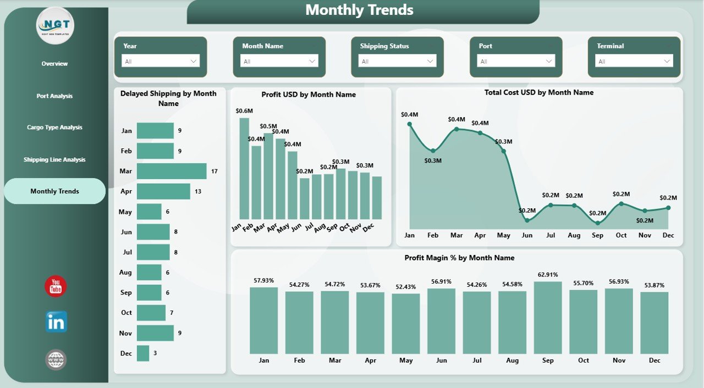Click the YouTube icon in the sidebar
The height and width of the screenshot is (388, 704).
pyautogui.click(x=56, y=286)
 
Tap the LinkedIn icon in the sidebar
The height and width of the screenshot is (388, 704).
pyautogui.click(x=56, y=322)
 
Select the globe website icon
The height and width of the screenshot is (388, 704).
pyautogui.click(x=56, y=360)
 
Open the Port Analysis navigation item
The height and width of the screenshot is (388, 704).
pyautogui.click(x=54, y=96)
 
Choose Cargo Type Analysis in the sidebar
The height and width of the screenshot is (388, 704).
pyautogui.click(x=54, y=128)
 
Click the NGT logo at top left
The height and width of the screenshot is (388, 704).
pyautogui.click(x=55, y=25)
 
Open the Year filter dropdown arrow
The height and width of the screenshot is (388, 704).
pyautogui.click(x=194, y=61)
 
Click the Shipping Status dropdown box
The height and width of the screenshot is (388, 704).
pyautogui.click(x=397, y=61)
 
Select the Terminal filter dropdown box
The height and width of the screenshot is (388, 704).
pyautogui.click(x=635, y=61)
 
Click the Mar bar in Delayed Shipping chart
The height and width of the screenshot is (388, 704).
pyautogui.click(x=172, y=171)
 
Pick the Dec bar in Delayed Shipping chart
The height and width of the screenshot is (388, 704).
pyautogui.click(x=143, y=353)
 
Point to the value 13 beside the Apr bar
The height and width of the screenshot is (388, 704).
pyautogui.click(x=198, y=192)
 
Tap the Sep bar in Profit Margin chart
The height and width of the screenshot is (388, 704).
pyautogui.click(x=548, y=318)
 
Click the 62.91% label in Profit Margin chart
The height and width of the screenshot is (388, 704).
pyautogui.click(x=548, y=275)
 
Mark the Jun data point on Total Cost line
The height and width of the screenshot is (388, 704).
pyautogui.click(x=527, y=220)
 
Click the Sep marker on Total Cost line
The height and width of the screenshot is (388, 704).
pyautogui.click(x=598, y=223)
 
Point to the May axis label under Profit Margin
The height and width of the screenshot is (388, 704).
pyautogui.click(x=406, y=361)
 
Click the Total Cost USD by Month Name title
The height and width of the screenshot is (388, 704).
pyautogui.click(x=538, y=93)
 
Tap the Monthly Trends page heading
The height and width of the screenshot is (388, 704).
pyautogui.click(x=359, y=10)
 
